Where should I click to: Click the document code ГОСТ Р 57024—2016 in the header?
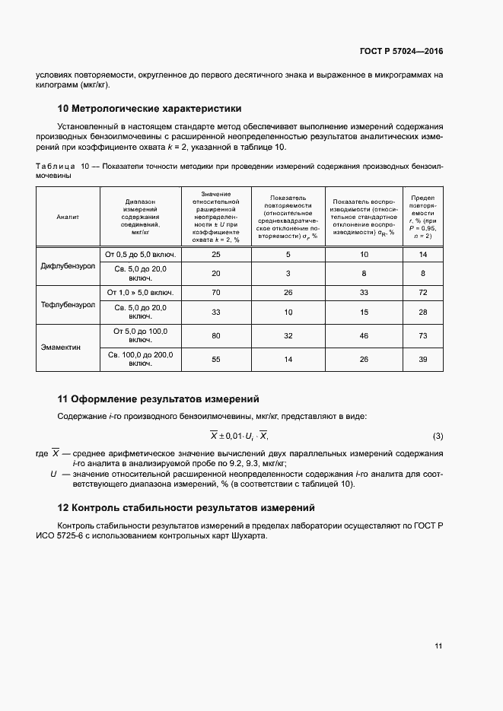click(x=402, y=52)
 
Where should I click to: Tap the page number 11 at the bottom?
click(x=438, y=646)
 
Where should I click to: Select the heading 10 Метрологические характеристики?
click(x=150, y=109)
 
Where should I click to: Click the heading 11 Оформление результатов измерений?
click(x=158, y=398)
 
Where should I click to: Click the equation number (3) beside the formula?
click(x=438, y=436)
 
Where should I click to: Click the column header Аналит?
click(x=68, y=217)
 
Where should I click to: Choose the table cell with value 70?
click(x=215, y=292)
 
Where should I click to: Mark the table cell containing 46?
click(x=363, y=335)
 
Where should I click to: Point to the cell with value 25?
click(x=215, y=253)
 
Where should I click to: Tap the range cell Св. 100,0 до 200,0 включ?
click(x=140, y=359)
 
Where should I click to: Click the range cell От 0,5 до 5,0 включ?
click(x=140, y=253)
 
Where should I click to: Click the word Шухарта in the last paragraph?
click(x=248, y=535)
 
